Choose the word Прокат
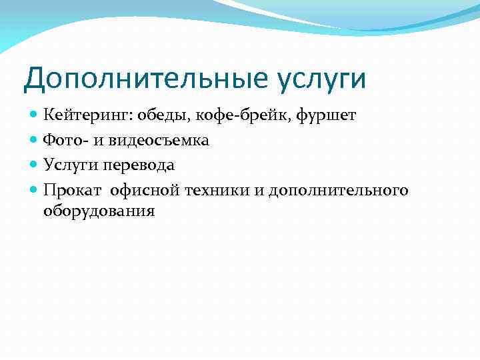[72, 191]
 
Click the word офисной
[145, 191]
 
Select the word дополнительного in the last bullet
[338, 191]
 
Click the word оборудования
[99, 211]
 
